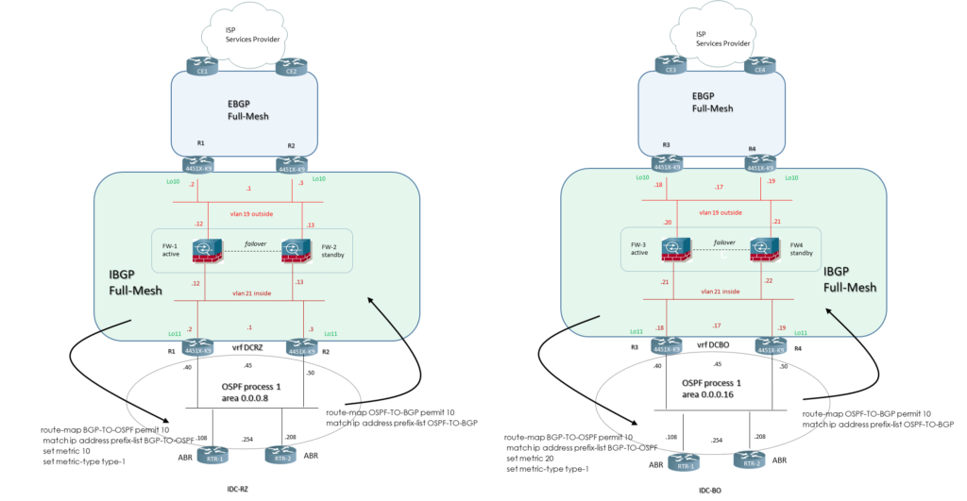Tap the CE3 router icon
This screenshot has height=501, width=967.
tap(671, 67)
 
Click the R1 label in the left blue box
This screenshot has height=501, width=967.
tap(200, 143)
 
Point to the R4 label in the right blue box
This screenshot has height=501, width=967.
tap(753, 148)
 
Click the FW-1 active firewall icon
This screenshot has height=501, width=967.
tap(208, 251)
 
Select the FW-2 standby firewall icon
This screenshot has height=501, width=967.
tap(296, 251)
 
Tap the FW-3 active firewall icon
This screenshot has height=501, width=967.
tap(674, 251)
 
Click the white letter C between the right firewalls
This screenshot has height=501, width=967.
tap(722, 255)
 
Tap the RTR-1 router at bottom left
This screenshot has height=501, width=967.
tap(213, 457)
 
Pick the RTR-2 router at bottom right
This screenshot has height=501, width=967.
tap(748, 461)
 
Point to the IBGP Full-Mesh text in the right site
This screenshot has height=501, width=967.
tap(849, 279)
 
